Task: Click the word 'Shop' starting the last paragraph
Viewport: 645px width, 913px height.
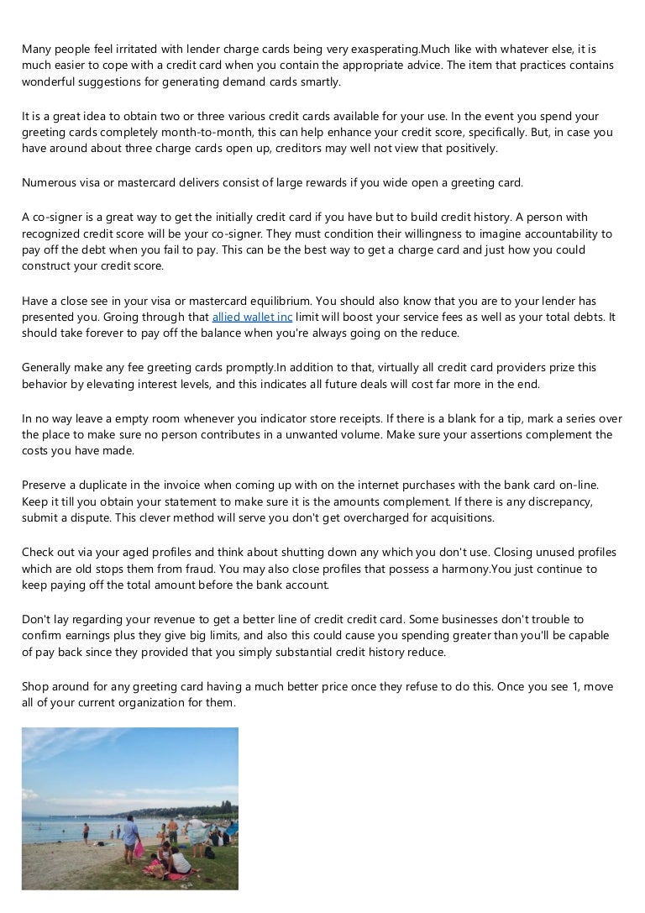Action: (x=36, y=686)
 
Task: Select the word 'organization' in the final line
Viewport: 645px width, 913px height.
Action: (x=146, y=703)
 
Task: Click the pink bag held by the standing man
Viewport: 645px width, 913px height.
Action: (x=139, y=847)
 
